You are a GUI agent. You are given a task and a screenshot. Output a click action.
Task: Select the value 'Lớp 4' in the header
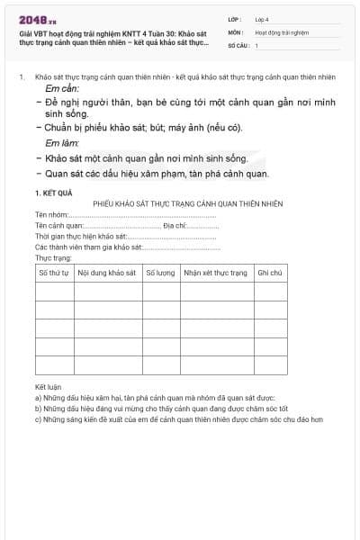(262, 18)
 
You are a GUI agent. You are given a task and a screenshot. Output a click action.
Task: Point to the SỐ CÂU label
(238, 44)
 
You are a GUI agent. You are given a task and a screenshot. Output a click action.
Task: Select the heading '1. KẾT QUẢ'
(53, 193)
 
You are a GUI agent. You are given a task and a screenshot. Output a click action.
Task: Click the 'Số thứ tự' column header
(53, 272)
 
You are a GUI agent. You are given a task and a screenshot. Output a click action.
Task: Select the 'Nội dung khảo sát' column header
(107, 272)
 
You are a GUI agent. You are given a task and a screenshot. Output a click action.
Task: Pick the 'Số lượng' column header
(160, 272)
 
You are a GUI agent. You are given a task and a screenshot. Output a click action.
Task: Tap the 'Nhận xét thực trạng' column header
(215, 272)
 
